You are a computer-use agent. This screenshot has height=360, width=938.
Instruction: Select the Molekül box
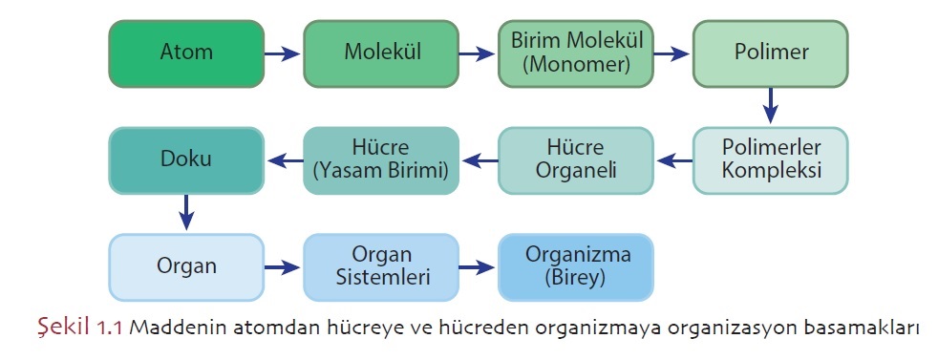380,53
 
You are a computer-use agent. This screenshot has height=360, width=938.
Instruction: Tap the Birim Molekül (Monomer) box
576,53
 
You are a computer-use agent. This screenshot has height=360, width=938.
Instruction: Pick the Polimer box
770,53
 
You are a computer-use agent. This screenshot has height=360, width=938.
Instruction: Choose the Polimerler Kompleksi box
770,160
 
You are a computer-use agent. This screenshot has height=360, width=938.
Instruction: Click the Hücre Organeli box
576,160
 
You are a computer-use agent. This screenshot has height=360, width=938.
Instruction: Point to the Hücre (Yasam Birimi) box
380,160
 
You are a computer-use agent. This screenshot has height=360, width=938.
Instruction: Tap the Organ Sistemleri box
380,267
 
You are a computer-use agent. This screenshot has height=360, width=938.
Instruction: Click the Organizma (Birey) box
576,267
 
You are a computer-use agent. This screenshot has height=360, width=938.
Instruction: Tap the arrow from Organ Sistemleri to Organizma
478,268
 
